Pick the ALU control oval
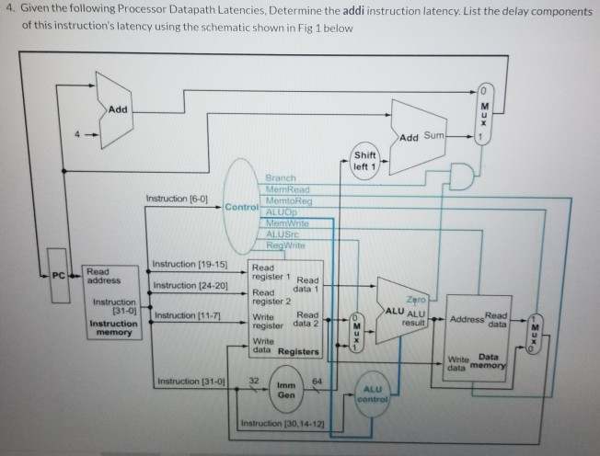(x=378, y=394)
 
